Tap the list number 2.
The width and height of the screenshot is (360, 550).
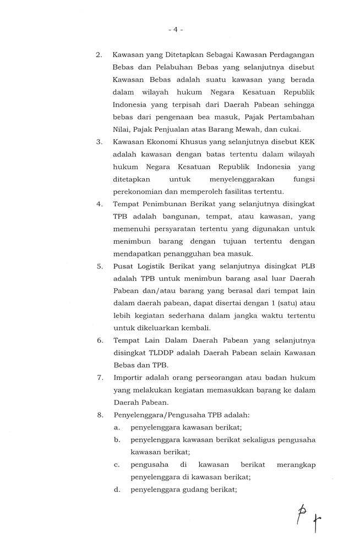(x=99, y=55)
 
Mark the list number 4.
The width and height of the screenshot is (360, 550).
(x=99, y=204)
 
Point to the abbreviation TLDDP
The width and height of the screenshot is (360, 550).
(x=167, y=353)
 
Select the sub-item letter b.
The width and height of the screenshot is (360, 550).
(x=117, y=440)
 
